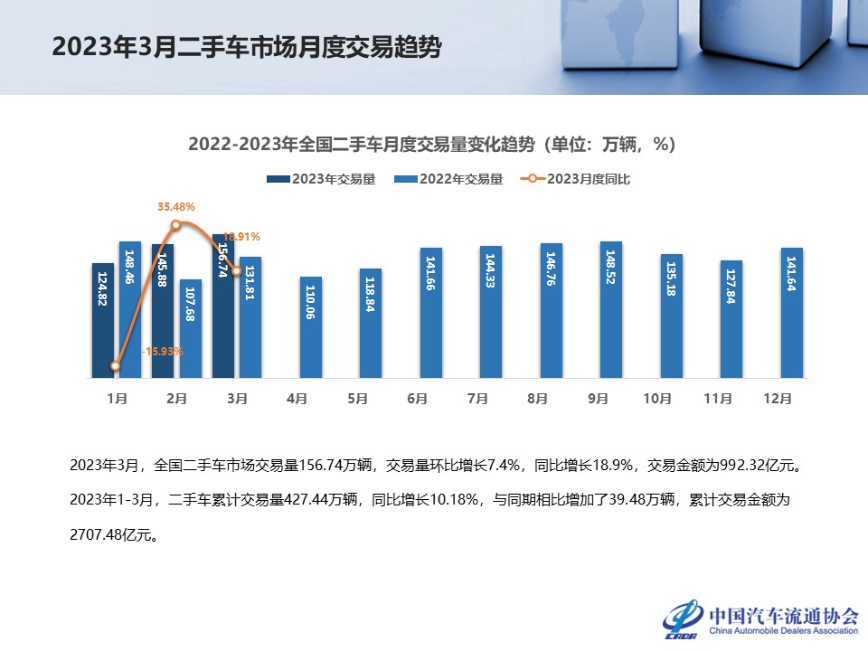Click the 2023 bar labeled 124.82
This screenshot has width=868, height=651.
coord(102,320)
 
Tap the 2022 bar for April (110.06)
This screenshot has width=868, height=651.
coord(310,327)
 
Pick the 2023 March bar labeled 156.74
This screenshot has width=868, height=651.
coord(222,306)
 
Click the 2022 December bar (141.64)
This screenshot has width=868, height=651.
coord(791,313)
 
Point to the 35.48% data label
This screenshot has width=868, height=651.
coord(176,207)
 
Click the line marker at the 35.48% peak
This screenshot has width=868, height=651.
coord(176,224)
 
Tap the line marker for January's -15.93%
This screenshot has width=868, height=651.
coord(116,366)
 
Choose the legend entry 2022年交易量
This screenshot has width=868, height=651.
coord(448,179)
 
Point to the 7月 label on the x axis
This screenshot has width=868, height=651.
coord(478,398)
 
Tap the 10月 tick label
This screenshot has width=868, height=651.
coord(657,398)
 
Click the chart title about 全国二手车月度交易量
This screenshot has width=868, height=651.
coord(432,145)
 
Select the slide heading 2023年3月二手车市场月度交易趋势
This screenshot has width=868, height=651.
coord(247,47)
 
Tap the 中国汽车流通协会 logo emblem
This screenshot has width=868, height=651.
coord(684,618)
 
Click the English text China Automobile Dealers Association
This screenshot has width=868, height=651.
coord(783,631)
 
